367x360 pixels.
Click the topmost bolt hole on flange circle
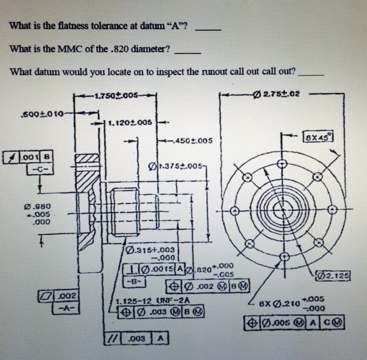pos(281,163)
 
